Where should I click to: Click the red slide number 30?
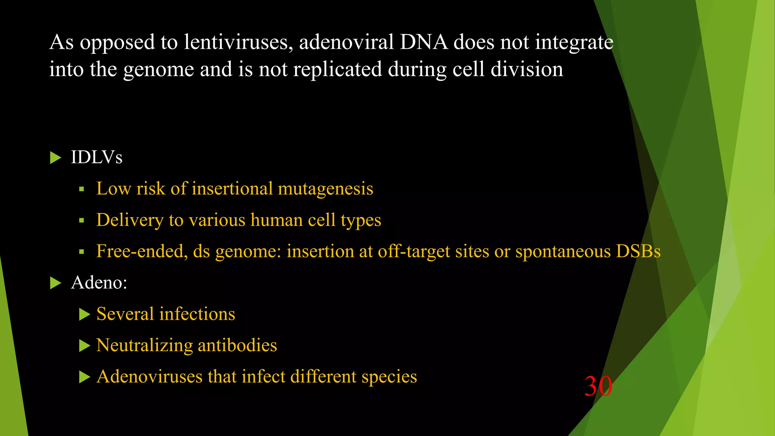coord(598,386)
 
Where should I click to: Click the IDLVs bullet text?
coord(96,157)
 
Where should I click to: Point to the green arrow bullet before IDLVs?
coord(55,157)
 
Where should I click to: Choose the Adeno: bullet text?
coord(99,282)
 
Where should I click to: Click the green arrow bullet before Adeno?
coord(55,283)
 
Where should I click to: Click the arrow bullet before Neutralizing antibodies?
coord(84,346)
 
